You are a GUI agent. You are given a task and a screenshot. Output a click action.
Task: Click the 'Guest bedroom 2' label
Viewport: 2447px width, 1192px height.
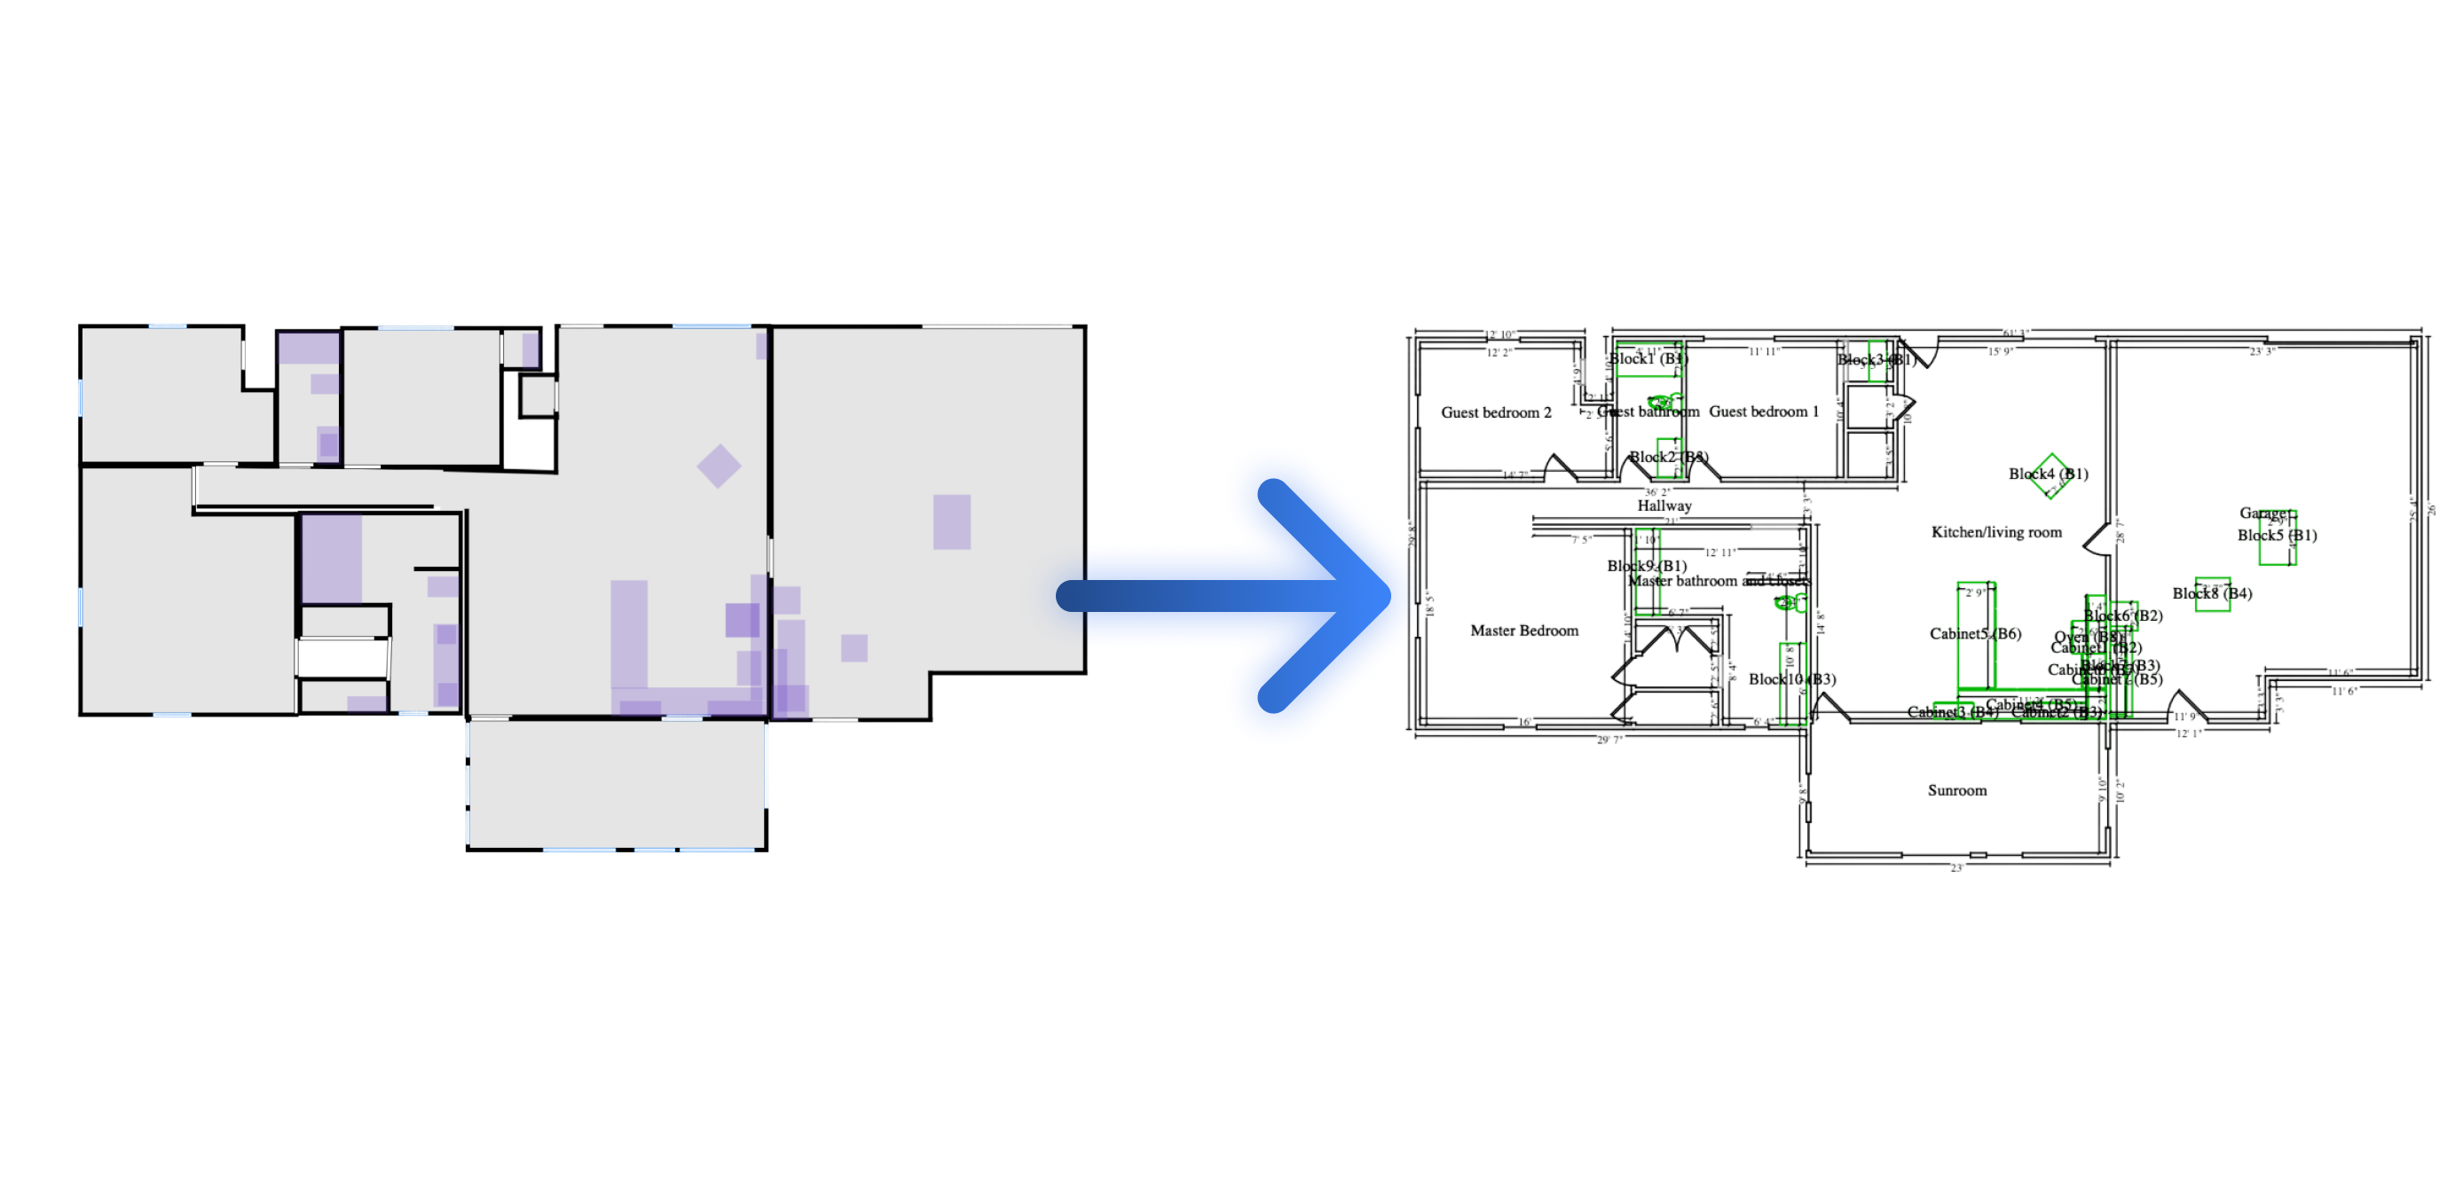1496,412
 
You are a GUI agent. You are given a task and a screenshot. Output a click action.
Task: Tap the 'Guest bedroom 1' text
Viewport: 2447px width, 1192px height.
1764,412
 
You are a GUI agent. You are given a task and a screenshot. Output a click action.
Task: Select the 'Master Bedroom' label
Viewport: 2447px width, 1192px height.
1523,630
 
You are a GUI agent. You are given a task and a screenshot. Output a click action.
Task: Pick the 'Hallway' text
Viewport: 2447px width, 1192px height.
1664,506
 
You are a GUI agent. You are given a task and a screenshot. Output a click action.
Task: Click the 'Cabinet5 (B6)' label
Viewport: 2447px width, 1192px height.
1975,633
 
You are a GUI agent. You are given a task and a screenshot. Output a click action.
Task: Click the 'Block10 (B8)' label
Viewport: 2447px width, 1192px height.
1791,679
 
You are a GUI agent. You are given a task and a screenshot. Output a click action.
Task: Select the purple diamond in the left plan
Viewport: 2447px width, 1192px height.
719,466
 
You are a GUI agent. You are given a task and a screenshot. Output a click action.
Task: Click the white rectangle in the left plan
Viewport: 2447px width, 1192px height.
343,657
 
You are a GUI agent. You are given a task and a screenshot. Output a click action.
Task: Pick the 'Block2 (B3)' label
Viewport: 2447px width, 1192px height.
1668,457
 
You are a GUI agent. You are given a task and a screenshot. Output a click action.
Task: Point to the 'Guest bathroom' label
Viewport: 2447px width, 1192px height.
1649,412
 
